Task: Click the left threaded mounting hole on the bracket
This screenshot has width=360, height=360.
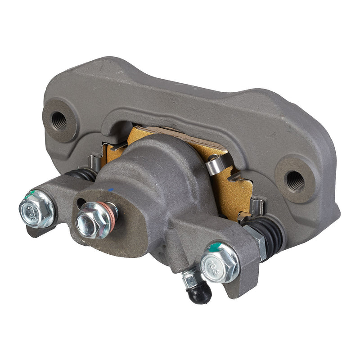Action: (x=59, y=119)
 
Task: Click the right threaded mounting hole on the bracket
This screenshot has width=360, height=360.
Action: (x=295, y=180)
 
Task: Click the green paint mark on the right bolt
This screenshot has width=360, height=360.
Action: (x=216, y=247)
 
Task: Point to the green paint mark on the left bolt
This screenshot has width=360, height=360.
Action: (x=31, y=194)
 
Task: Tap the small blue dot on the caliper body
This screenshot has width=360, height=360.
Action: (x=111, y=190)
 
